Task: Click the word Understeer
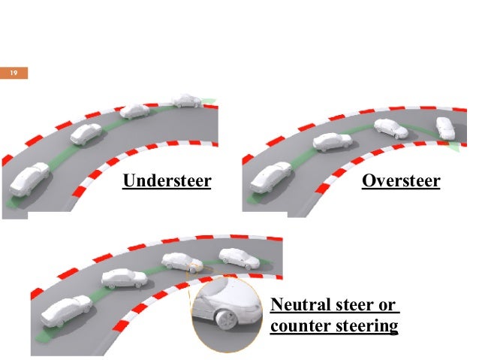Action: coord(167,181)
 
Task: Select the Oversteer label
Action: coord(400,181)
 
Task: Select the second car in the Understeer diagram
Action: coord(86,135)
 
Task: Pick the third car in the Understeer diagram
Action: coord(135,110)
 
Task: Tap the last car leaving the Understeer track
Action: coord(185,99)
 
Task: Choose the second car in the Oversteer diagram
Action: coord(332,141)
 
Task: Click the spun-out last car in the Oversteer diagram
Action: coord(445,128)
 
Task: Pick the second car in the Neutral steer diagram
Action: coord(124,278)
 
